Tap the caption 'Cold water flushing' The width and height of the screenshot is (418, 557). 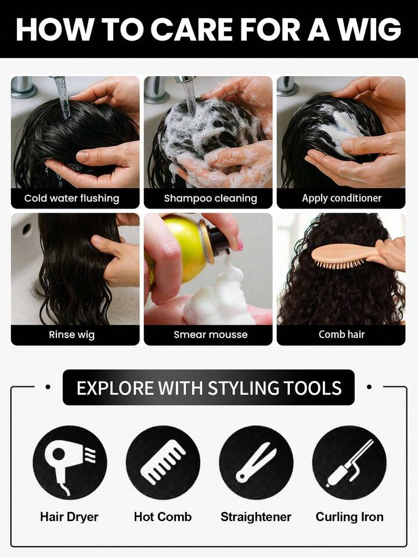tap(72, 198)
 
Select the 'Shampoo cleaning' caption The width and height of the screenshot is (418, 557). tap(210, 198)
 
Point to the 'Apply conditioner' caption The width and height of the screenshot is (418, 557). tap(341, 198)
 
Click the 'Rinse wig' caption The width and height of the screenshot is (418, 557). tap(72, 335)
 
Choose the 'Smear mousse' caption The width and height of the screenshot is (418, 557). tap(211, 335)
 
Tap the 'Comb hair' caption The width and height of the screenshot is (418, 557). tap(341, 335)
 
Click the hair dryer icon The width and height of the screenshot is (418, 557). tap(70, 462)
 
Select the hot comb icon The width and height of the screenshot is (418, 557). tap(163, 462)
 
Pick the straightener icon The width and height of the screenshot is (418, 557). tap(256, 462)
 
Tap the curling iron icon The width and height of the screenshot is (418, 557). tap(349, 462)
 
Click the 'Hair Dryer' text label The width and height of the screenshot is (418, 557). tap(69, 517)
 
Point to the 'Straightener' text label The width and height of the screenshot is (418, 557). tap(256, 517)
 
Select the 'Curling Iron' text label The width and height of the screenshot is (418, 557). tap(350, 517)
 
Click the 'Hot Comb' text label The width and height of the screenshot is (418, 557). tap(163, 517)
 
